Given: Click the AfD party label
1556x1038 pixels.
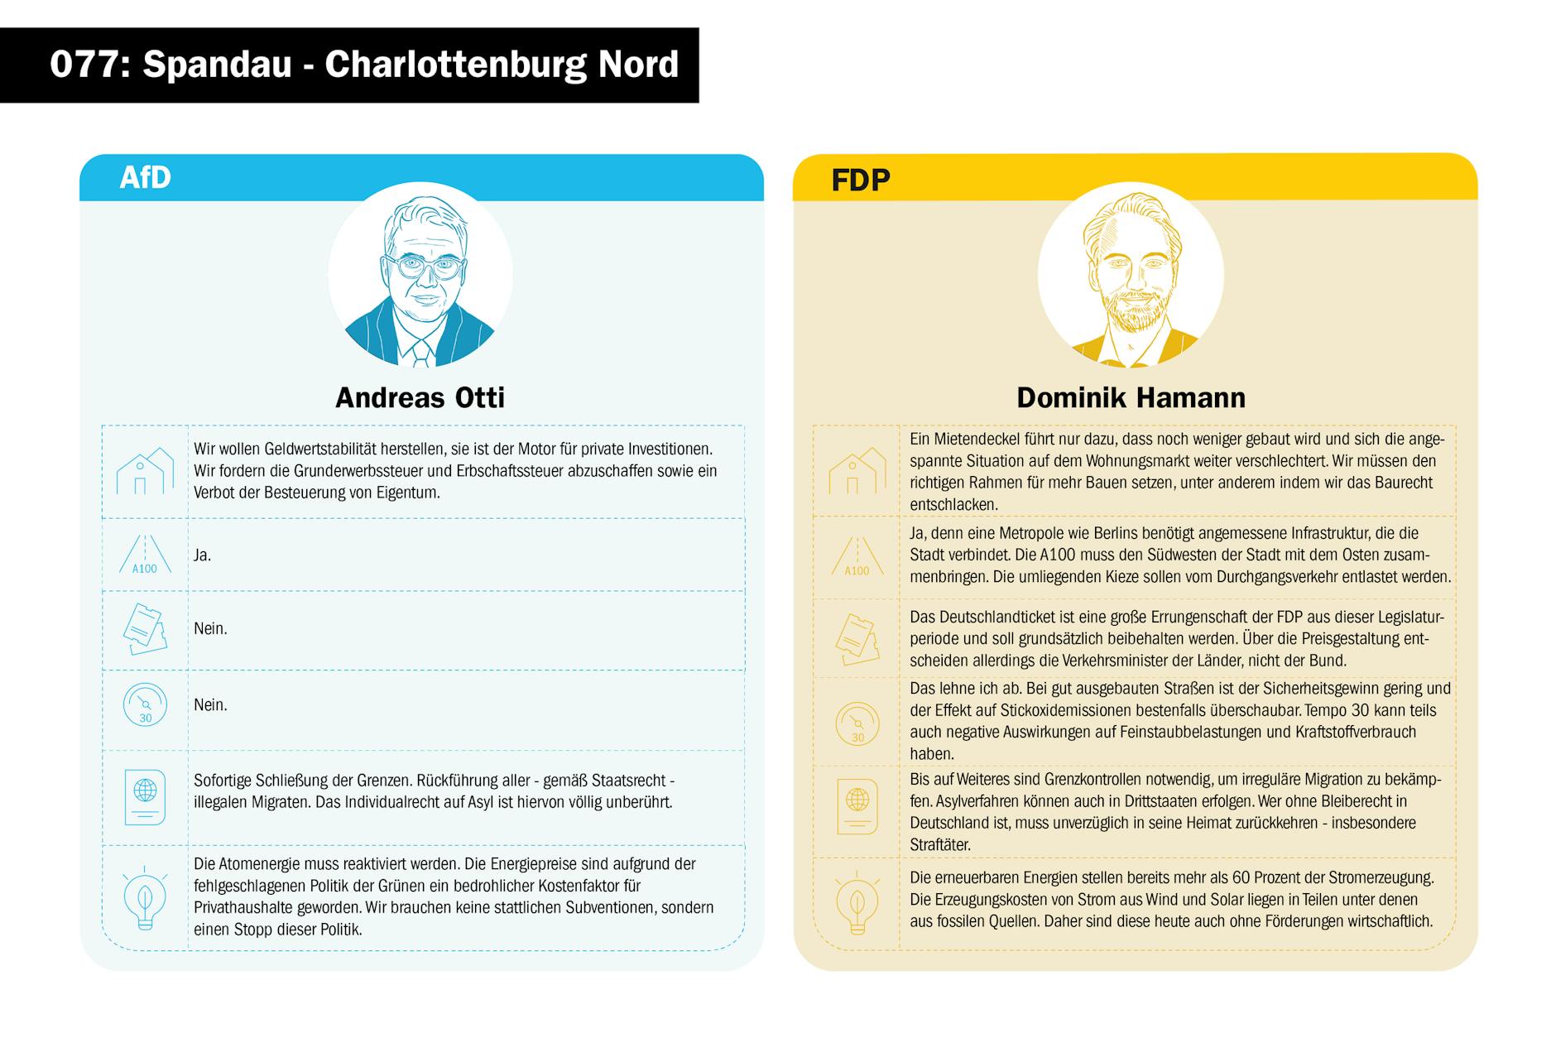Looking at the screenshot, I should (145, 177).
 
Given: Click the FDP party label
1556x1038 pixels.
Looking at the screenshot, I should (860, 180).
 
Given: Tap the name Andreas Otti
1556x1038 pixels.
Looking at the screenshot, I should (420, 397).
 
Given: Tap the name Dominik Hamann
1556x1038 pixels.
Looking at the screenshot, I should (1131, 397).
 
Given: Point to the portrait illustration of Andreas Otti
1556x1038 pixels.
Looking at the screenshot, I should (420, 276).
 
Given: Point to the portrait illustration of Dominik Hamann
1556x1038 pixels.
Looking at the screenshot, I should (1131, 276).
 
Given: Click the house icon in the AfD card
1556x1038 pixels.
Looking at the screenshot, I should (145, 471).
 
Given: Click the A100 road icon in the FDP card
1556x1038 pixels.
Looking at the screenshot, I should (857, 556).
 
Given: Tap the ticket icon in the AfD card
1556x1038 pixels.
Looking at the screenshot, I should (145, 629).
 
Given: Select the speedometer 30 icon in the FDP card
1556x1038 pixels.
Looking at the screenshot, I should (857, 723).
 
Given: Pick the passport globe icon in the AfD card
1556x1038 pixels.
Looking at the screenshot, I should (145, 796).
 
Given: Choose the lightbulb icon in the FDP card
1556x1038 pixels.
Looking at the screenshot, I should (857, 903).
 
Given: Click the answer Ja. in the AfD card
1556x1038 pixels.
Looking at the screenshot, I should (202, 555).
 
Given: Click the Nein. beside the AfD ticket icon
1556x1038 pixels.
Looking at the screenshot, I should (210, 629).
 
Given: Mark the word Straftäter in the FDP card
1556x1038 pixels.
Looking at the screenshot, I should (940, 845).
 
